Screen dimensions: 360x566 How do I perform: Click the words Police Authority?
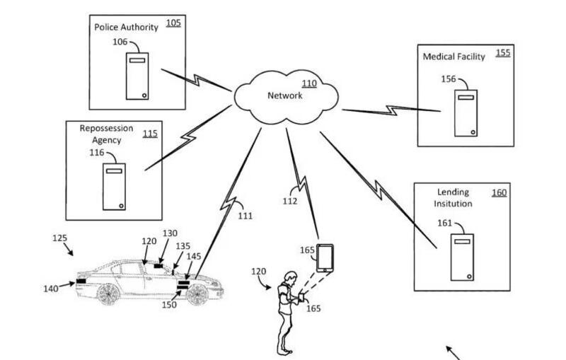pos(126,27)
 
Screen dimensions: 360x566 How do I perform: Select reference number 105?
pos(173,23)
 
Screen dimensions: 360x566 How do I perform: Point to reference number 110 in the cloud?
pos(309,83)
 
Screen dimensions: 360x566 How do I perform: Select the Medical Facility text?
pos(454,57)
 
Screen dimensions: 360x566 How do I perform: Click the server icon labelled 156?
pos(465,112)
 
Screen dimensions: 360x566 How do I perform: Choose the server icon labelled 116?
pos(114,187)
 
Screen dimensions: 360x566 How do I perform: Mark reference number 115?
pos(150,133)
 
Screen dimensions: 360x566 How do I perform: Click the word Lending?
pos(454,192)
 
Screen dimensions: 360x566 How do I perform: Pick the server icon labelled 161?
pos(462,255)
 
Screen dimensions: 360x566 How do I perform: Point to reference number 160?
pos(499,192)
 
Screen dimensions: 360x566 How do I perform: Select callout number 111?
pos(244,215)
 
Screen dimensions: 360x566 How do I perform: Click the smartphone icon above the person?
pos(325,257)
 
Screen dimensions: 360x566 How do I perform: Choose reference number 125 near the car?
pos(60,238)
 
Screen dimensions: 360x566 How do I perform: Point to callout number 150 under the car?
pos(168,304)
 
